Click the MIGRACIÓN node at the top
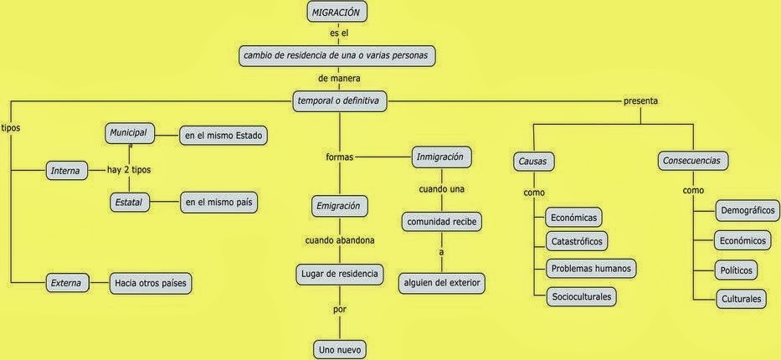click(338, 13)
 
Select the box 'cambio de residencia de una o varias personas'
click(338, 56)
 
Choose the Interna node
click(65, 171)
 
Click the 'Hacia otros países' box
click(152, 284)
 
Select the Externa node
click(65, 284)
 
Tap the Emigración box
click(339, 205)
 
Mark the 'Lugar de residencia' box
click(339, 273)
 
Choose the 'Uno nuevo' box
click(339, 349)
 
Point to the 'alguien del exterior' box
click(442, 284)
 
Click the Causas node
click(534, 161)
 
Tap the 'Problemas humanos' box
click(590, 269)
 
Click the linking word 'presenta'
click(640, 101)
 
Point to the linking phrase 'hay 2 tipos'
click(129, 170)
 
